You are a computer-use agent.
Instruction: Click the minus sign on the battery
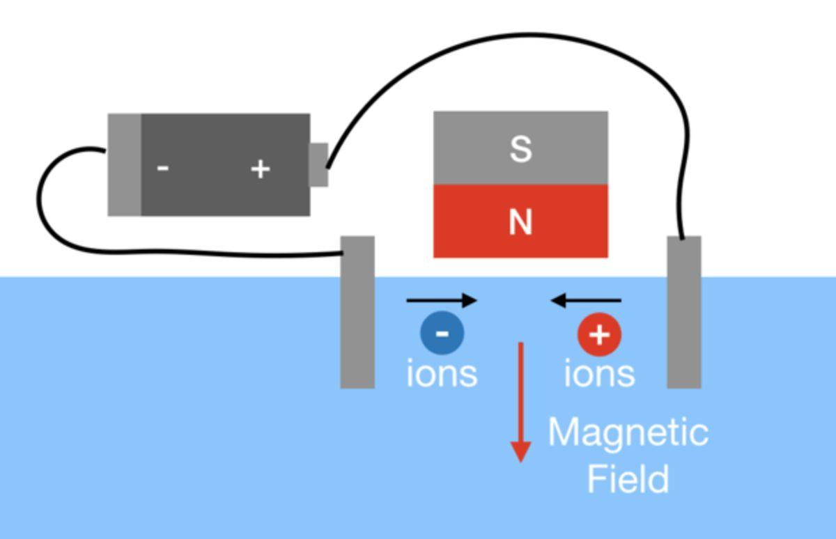[163, 169]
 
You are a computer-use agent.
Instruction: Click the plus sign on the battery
[260, 169]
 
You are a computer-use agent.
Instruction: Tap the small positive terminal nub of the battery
[318, 164]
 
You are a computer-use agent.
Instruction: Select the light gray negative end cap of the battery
[125, 164]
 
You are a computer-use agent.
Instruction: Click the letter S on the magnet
[520, 148]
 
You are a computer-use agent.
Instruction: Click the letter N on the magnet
[520, 222]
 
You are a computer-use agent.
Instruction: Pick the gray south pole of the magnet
[474, 148]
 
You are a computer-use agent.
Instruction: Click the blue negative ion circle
[442, 333]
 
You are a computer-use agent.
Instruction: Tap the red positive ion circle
[599, 334]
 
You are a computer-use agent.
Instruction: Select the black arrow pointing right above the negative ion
[442, 301]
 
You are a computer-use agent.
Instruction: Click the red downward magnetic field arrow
[520, 404]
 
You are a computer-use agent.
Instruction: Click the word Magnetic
[628, 432]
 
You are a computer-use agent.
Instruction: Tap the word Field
[628, 479]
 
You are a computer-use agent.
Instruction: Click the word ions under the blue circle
[442, 373]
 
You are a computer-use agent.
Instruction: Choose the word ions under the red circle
[599, 373]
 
